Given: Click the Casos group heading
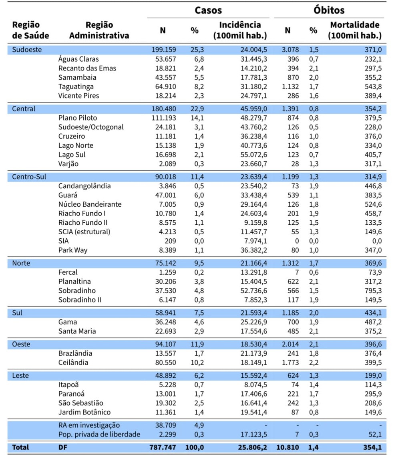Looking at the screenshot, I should coord(208,10).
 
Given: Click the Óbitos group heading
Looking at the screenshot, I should coord(329,10).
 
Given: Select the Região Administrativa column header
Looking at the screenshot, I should coord(99,30).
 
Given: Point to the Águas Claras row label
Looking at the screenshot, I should coord(78,59).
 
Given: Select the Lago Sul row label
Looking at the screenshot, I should coord(72,155).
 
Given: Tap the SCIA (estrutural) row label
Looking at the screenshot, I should coord(84,232).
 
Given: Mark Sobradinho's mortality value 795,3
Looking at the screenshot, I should coord(373,291).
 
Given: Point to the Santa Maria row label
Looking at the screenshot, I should coord(77,331).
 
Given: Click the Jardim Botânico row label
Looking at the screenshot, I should coord(84,412).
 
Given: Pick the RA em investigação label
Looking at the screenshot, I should coord(89,425).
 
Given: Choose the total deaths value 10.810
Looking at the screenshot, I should coord(287,447).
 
